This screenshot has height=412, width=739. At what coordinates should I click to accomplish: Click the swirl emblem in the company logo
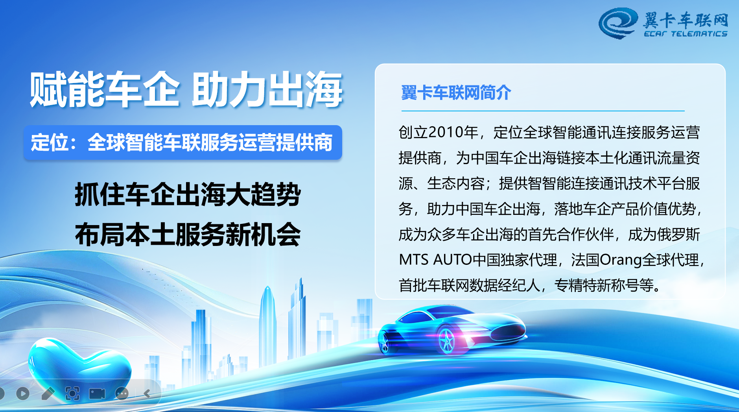pyautogui.click(x=618, y=23)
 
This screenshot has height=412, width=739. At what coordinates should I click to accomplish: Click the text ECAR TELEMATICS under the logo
pyautogui.click(x=686, y=34)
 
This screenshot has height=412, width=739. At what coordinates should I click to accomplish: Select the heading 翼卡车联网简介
pyautogui.click(x=456, y=93)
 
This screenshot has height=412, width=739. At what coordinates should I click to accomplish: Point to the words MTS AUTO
pyautogui.click(x=435, y=260)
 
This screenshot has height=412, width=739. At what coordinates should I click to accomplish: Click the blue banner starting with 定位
pyautogui.click(x=182, y=142)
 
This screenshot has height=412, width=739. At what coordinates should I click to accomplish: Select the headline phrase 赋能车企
pyautogui.click(x=105, y=90)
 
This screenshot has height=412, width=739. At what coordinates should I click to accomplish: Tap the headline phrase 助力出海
pyautogui.click(x=267, y=90)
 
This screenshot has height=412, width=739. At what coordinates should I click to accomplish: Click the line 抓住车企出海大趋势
pyautogui.click(x=188, y=194)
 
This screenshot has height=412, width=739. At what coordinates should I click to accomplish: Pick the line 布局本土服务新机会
pyautogui.click(x=188, y=235)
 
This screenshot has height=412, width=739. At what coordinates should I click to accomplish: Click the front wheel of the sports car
pyautogui.click(x=446, y=340)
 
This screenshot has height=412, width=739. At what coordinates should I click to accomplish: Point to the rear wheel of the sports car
pyautogui.click(x=384, y=342)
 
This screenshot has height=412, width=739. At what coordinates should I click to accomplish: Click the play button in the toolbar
pyautogui.click(x=23, y=393)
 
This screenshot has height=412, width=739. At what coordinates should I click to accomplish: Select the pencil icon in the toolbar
pyautogui.click(x=48, y=393)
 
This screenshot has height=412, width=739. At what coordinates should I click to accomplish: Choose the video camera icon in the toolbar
pyautogui.click(x=97, y=394)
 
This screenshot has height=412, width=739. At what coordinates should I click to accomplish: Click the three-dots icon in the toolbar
pyautogui.click(x=122, y=394)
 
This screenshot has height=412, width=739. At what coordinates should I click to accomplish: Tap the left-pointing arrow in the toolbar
pyautogui.click(x=147, y=394)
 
